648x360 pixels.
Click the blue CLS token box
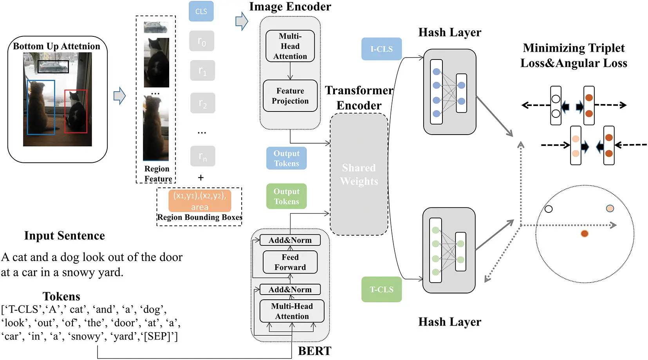(x=201, y=11)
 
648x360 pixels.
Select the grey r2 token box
(x=202, y=103)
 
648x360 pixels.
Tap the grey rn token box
(x=202, y=157)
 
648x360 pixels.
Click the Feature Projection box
(x=290, y=96)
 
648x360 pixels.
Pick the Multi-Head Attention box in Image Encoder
(x=290, y=46)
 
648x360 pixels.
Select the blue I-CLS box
(x=381, y=49)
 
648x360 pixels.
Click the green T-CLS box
(x=381, y=290)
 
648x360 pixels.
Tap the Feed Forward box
(x=290, y=262)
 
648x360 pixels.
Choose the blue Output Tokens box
(x=286, y=158)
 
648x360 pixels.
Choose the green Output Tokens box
(x=286, y=196)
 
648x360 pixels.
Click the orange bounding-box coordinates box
(x=200, y=201)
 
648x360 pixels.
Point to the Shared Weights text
(x=359, y=175)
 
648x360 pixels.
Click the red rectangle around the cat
(x=76, y=112)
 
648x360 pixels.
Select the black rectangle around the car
(x=53, y=67)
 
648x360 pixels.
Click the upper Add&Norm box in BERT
(x=290, y=240)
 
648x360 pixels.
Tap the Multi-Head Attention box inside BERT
(x=292, y=311)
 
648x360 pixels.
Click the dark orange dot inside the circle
(x=585, y=234)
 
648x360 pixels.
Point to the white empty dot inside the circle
(x=549, y=209)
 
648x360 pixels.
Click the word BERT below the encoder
(x=314, y=351)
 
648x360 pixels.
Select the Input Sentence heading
(x=65, y=236)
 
